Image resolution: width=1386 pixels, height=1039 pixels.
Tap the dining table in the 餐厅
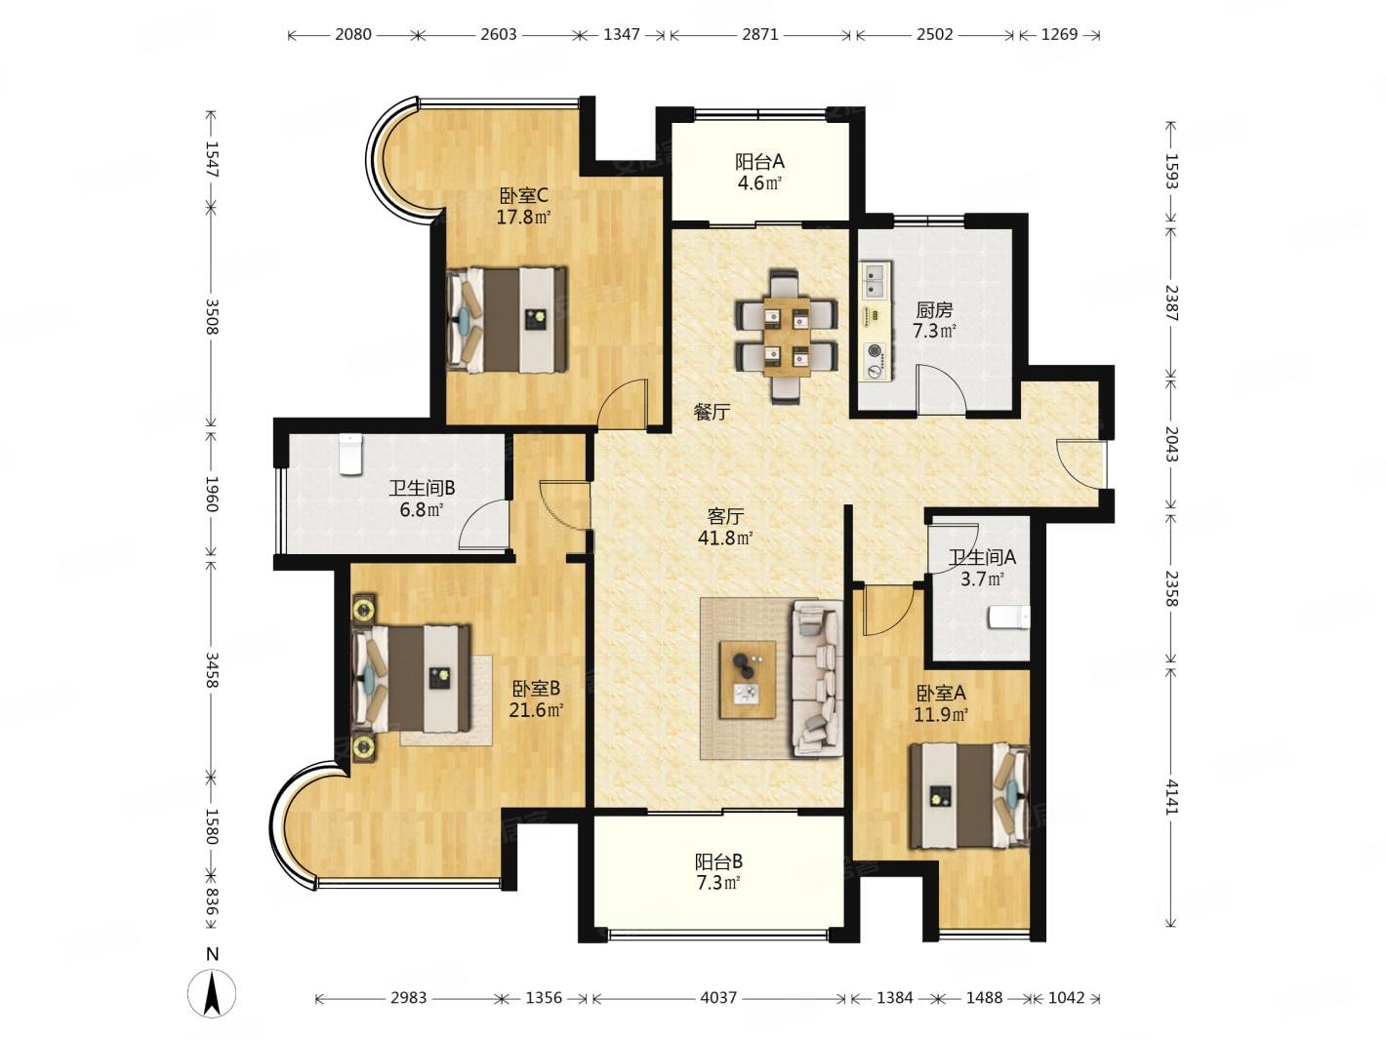point(787,336)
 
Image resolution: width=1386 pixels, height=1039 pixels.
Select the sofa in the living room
point(817,678)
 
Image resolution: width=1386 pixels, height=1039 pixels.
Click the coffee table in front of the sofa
point(748,679)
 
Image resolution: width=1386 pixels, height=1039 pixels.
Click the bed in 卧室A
point(967,795)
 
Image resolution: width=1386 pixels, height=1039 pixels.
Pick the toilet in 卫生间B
point(349,455)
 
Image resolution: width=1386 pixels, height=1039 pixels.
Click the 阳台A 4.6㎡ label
point(759,172)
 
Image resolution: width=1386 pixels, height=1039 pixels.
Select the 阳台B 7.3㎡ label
point(718,872)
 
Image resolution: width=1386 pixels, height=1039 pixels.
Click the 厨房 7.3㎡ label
point(934,320)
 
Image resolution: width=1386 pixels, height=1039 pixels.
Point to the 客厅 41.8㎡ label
point(724,527)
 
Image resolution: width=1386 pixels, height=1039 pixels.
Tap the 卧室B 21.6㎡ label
point(536,699)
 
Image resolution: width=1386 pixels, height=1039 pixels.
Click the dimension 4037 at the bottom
point(718,998)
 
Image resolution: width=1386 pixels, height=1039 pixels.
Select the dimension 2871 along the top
point(760,34)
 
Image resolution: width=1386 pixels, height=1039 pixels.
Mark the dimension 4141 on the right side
point(1171,795)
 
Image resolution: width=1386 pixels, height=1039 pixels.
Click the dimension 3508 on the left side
point(212,315)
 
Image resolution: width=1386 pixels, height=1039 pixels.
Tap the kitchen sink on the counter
point(873,280)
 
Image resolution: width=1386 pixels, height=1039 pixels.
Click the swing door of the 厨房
point(939,390)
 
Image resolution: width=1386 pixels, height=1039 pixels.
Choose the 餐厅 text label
point(712,413)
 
